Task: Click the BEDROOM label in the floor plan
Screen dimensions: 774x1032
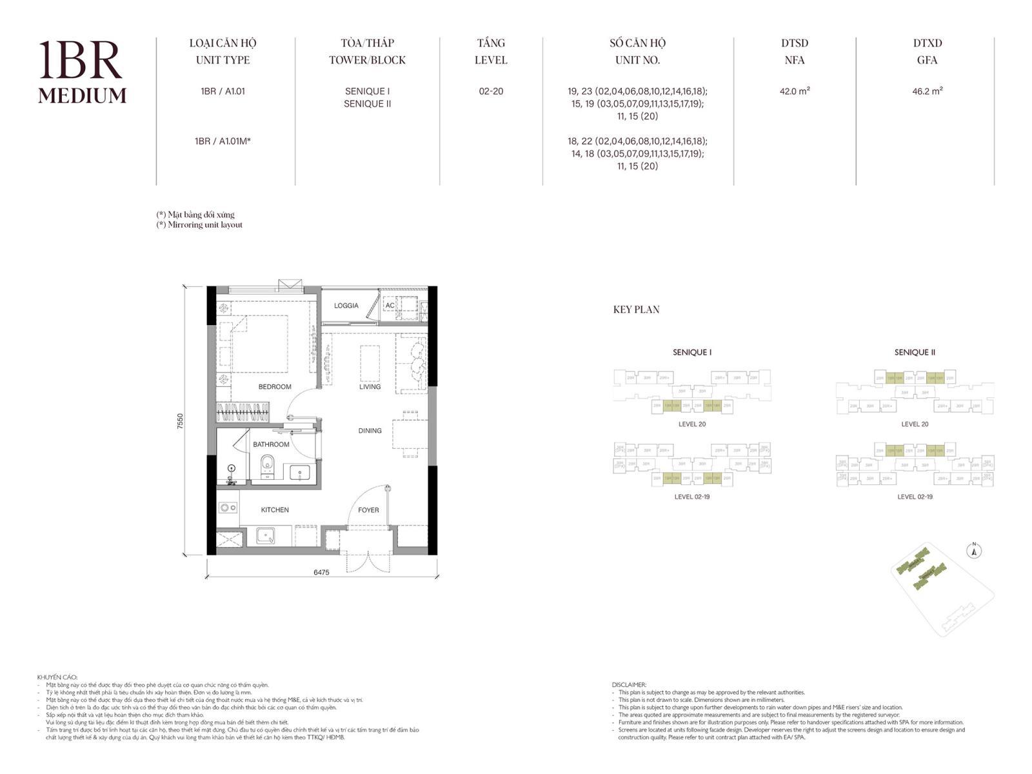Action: (275, 386)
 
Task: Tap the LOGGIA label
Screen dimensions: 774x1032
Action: (346, 306)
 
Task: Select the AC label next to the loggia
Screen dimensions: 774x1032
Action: (390, 306)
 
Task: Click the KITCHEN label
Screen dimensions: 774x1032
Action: (275, 510)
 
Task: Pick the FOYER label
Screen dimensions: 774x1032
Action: (368, 510)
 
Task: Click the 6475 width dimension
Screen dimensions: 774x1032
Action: (321, 572)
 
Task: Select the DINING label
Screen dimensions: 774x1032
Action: (370, 430)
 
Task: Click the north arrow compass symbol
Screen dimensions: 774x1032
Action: (975, 551)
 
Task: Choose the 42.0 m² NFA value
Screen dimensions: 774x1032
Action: (794, 91)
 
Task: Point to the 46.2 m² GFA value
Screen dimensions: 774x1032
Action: (927, 91)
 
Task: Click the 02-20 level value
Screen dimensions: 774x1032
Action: (491, 91)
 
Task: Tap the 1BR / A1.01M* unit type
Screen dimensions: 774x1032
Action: (223, 141)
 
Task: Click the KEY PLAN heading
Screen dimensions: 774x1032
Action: (636, 310)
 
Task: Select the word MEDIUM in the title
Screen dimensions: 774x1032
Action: (82, 95)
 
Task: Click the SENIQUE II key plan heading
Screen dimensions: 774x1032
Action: (915, 352)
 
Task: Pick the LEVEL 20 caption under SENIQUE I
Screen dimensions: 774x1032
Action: (692, 424)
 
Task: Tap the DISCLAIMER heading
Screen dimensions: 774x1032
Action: (629, 685)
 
